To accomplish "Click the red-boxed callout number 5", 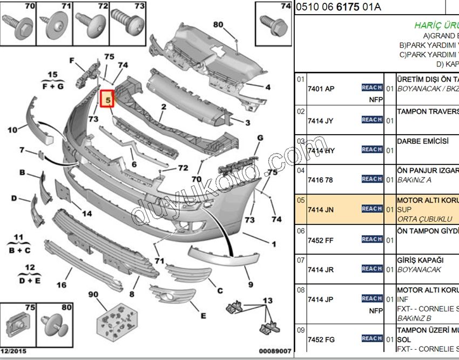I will [x=107, y=99].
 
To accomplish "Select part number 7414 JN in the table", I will [x=321, y=209].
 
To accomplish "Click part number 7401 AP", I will [x=321, y=89].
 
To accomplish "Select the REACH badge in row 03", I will [x=372, y=149].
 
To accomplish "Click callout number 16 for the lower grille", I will [x=61, y=285].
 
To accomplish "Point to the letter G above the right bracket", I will [x=260, y=138].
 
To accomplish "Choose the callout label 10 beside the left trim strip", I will [x=12, y=130].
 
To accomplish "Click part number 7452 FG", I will [x=321, y=339].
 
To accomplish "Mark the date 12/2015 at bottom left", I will [x=13, y=352].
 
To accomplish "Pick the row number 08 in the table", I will [x=301, y=290].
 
